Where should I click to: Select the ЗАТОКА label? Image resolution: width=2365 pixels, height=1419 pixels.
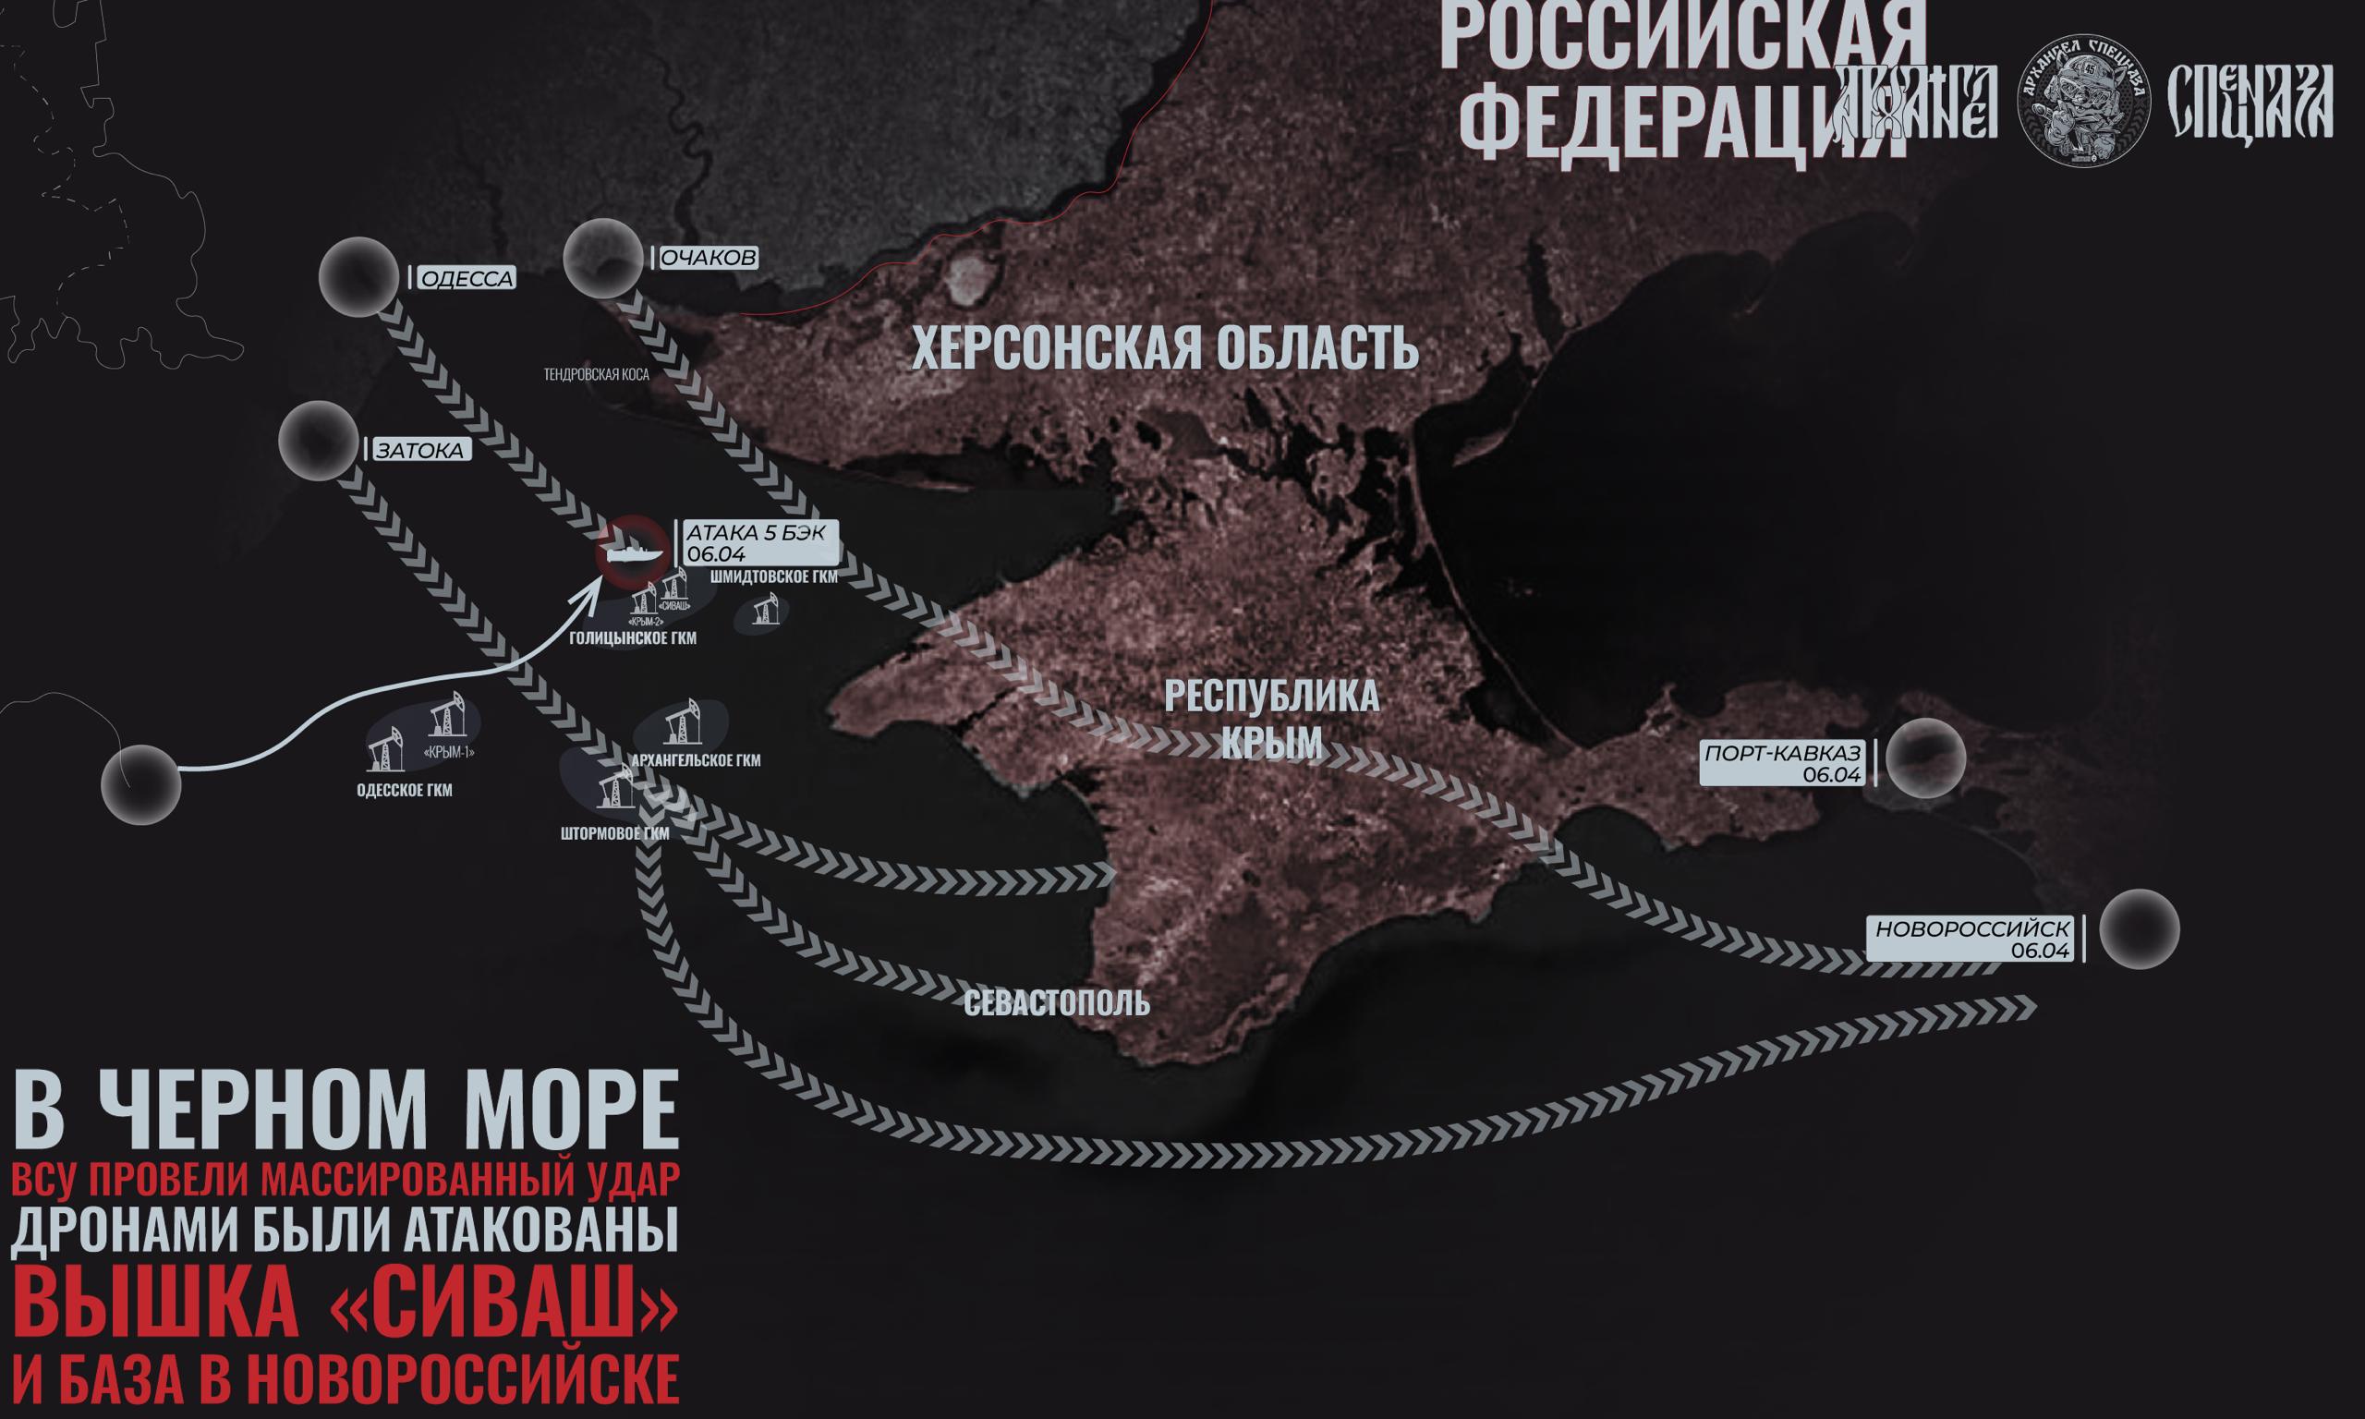pos(419,451)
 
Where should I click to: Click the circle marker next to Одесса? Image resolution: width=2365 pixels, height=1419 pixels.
pos(358,277)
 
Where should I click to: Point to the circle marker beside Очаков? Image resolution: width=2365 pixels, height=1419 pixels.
pos(602,258)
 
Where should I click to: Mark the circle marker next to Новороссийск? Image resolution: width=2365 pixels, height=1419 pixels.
pos(2140,928)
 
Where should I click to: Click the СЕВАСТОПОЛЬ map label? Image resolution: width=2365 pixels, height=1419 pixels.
pos(1056,1004)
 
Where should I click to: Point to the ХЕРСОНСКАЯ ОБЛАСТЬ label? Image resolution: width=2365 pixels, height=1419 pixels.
pos(1165,348)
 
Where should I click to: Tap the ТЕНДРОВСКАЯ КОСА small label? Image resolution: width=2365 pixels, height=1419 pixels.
pos(597,375)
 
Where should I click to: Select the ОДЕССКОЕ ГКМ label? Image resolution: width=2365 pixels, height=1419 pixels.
pos(405,791)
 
